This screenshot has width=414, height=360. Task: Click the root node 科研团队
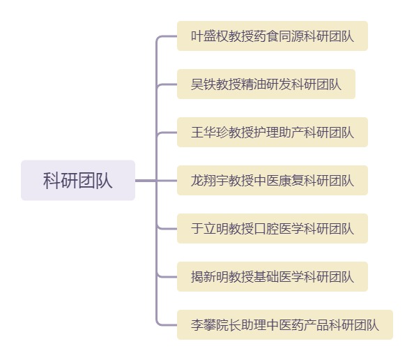coord(78,180)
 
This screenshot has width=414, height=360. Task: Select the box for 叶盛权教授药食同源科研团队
coord(273,36)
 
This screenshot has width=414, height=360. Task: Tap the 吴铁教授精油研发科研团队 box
coord(266,84)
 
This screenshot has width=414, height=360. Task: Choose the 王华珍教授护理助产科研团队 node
coord(273,132)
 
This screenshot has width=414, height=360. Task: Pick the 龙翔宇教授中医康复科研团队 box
coord(273,180)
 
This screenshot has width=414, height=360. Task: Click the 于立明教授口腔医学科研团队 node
coord(273,228)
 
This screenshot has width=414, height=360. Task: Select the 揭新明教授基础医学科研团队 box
coord(273,276)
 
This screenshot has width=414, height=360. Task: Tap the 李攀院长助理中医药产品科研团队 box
coord(285,324)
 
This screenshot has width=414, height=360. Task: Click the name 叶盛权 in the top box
coord(210,36)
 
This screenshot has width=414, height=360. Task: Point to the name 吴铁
coord(204,84)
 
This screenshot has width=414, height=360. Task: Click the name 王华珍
coord(210,133)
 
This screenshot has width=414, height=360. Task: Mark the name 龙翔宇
coord(210,181)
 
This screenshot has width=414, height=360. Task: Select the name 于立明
coord(210,229)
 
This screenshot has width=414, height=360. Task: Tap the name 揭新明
coord(210,277)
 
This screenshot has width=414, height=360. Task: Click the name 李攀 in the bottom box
coord(204,325)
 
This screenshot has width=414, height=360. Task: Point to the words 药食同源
coord(279,36)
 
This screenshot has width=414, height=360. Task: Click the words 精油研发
coord(266,84)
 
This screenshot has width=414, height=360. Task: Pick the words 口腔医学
coord(279,229)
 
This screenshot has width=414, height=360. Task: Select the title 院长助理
coord(241,325)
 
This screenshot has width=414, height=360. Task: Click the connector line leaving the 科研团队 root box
coord(146,181)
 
